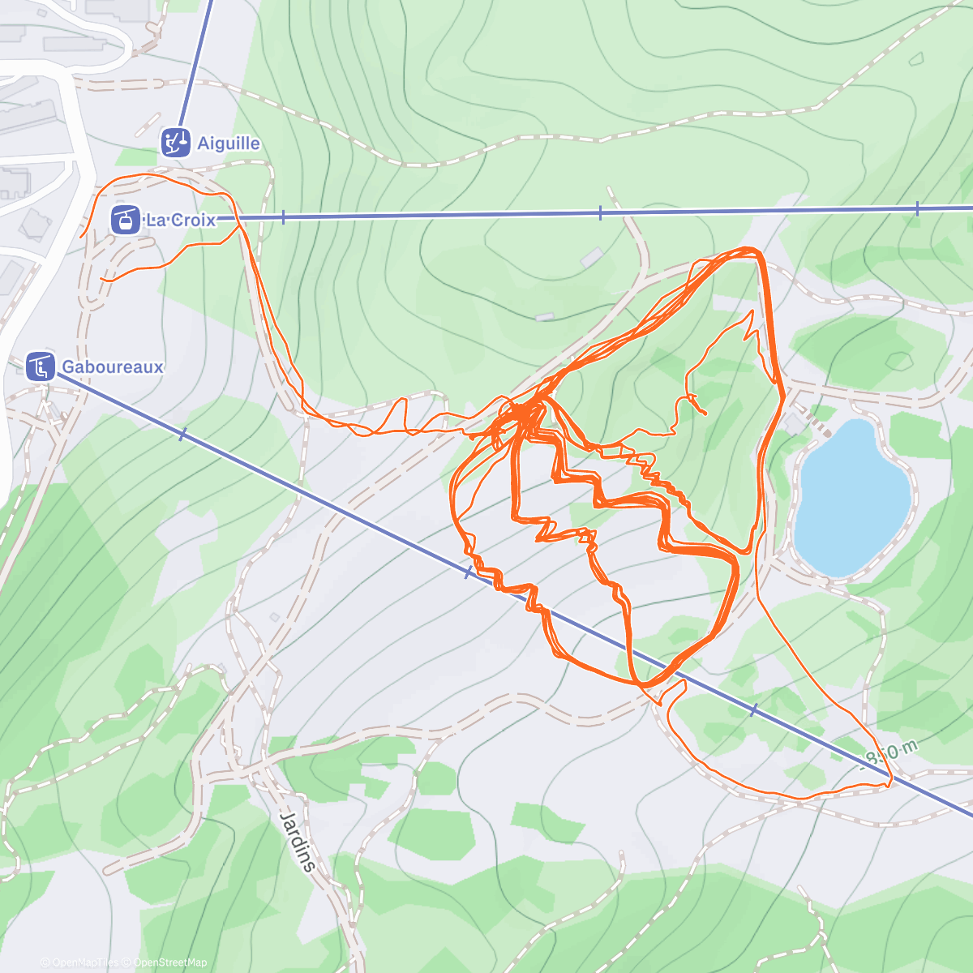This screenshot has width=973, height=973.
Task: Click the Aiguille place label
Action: [229, 144]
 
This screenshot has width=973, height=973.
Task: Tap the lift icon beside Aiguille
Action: [175, 142]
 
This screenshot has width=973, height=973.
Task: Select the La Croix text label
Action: [181, 220]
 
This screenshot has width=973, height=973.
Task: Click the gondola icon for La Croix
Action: [126, 219]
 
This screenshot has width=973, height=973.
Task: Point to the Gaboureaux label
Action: [113, 366]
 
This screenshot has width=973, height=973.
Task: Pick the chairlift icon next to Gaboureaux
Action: [40, 366]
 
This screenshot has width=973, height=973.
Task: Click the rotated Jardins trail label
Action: [298, 840]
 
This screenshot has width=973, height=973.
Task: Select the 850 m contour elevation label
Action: [891, 755]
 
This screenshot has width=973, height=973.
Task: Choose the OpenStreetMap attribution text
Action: [169, 962]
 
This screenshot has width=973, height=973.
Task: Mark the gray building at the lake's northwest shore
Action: [792, 422]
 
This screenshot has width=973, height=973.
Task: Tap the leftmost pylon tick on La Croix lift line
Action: [283, 217]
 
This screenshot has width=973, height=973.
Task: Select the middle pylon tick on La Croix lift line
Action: [600, 213]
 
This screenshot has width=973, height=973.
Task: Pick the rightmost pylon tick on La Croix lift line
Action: [917, 209]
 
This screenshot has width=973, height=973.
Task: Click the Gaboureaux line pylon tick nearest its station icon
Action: [182, 435]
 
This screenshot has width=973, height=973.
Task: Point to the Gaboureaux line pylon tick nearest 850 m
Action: [754, 710]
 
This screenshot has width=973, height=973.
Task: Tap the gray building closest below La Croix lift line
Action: [592, 257]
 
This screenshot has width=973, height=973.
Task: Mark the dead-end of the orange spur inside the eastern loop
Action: [705, 414]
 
